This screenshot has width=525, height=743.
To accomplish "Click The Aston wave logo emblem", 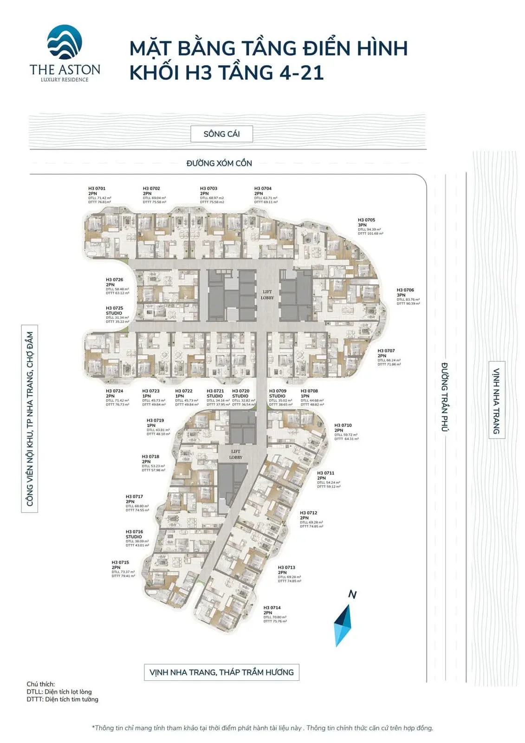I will pos(65,43).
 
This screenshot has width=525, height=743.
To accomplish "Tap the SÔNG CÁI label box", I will pos(221,134).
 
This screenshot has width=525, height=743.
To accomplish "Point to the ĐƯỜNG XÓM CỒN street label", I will pos(219,163).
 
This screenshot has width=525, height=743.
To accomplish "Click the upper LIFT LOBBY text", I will pos(267,294).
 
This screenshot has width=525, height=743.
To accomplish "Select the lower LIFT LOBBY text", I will pos(235,454).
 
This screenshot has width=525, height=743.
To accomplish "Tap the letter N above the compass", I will pos(352,594).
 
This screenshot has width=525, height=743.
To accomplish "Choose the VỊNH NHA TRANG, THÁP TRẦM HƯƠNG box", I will pos(221,672).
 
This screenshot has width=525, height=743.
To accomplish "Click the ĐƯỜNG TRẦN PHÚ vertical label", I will pos(445,397).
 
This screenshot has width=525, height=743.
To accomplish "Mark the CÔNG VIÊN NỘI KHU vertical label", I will pos(30,418).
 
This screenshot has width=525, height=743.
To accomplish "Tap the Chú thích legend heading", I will pos(40,684).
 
